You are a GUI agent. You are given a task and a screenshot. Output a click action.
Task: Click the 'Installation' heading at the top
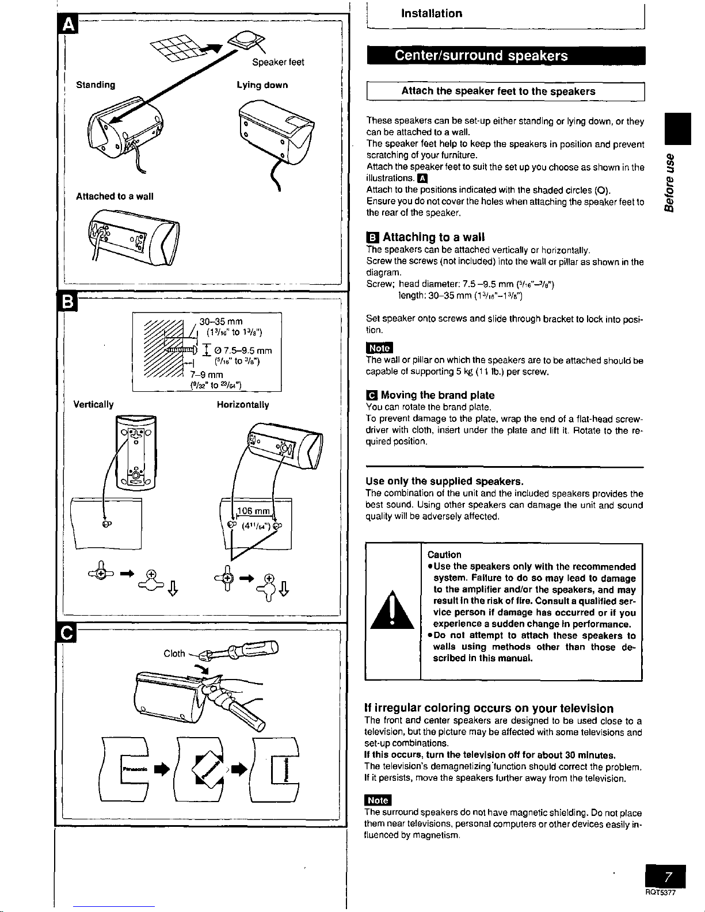[432, 13]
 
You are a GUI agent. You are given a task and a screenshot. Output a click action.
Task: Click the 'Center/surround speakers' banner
[481, 55]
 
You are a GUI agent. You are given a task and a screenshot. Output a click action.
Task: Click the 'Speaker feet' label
[279, 62]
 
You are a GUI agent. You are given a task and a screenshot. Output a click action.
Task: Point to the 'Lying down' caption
[262, 85]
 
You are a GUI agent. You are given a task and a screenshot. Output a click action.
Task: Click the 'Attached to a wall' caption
[115, 196]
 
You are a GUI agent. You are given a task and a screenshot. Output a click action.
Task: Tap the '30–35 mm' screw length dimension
[221, 322]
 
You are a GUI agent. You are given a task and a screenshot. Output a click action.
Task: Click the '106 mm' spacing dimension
[254, 512]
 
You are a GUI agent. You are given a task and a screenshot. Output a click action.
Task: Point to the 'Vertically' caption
[93, 405]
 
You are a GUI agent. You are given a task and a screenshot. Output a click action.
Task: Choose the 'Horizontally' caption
[243, 405]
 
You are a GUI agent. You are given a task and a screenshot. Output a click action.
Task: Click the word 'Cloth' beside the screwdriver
[174, 653]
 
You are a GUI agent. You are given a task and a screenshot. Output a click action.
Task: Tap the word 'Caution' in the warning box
[444, 555]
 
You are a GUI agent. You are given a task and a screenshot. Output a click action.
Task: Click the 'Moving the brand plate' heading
[437, 395]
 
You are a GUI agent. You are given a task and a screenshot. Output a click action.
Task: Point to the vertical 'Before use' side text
[669, 182]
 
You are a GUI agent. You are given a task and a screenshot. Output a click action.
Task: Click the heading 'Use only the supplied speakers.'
[444, 481]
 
